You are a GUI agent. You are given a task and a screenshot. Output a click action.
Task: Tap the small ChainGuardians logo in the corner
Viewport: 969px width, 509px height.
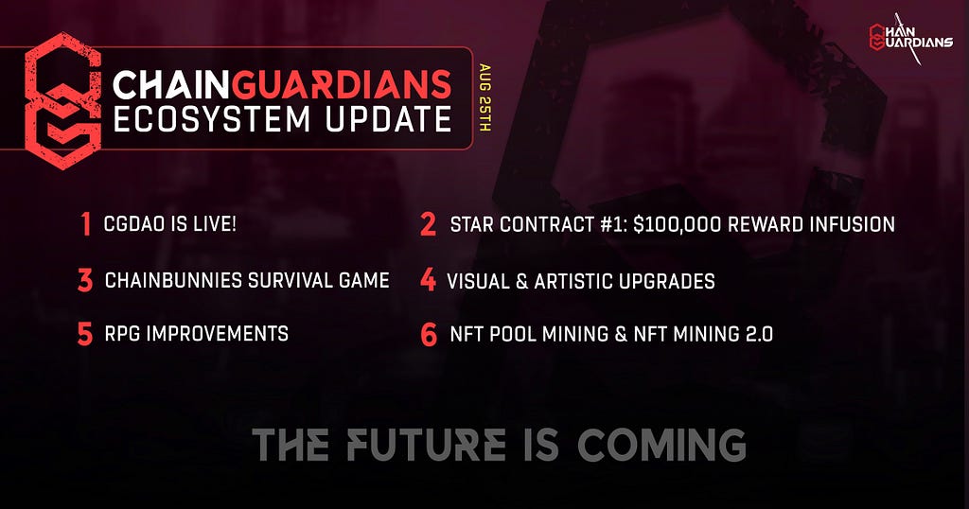tap(910, 37)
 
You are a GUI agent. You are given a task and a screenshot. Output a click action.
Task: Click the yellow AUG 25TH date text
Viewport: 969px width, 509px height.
tap(485, 97)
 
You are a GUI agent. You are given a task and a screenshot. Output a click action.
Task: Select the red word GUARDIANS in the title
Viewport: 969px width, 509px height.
tap(342, 84)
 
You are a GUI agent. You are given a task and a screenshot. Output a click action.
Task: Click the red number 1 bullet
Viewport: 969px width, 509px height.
tap(85, 224)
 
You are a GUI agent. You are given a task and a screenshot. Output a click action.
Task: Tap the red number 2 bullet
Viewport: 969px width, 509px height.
tap(428, 224)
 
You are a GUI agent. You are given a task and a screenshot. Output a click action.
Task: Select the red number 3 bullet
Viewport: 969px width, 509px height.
tap(85, 280)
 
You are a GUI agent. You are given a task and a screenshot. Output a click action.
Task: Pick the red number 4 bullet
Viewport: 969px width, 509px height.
tap(428, 280)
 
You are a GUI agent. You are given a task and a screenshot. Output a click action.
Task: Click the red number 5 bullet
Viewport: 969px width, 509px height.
tap(85, 334)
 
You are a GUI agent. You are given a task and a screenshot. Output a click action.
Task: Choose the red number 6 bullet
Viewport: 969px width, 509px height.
tap(429, 334)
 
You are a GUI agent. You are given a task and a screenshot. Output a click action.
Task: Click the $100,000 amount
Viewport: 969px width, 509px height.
tap(677, 224)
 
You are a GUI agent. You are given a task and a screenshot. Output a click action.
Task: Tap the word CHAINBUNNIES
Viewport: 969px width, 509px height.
tap(174, 280)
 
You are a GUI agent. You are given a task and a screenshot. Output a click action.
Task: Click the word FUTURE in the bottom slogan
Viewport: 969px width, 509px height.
tap(426, 445)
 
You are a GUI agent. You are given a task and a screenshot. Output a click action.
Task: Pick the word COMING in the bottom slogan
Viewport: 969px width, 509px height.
tap(661, 445)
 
